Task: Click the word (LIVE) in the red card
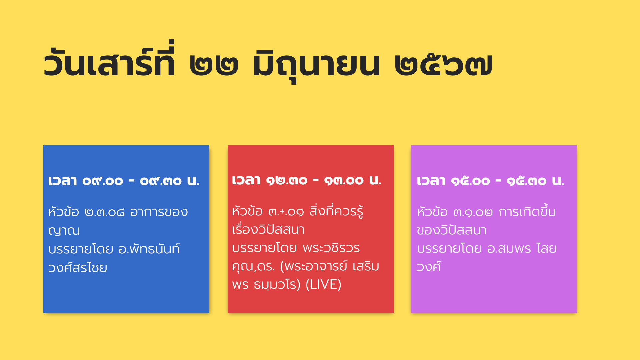click(x=323, y=284)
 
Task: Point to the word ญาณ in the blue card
click(x=64, y=231)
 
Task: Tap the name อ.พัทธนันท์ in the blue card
click(x=149, y=249)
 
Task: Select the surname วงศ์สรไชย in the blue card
click(x=78, y=267)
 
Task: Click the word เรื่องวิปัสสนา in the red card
click(x=268, y=229)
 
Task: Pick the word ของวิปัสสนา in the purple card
click(x=452, y=230)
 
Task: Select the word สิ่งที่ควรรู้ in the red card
click(x=336, y=211)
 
